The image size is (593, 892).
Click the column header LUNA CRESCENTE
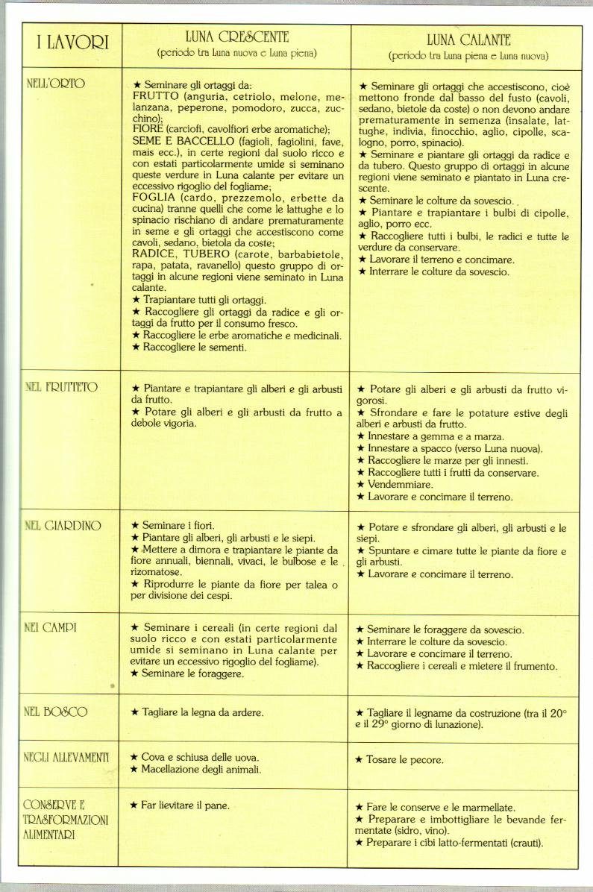(237, 37)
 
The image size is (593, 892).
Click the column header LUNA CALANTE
(468, 40)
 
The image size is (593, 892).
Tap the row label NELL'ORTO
(55, 83)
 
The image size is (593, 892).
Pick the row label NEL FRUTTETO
(60, 387)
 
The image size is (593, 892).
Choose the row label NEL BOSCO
(56, 712)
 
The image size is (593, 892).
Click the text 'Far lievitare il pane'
(185, 805)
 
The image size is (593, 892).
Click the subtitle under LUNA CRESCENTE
(237, 53)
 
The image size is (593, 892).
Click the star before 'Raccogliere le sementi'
(136, 347)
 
